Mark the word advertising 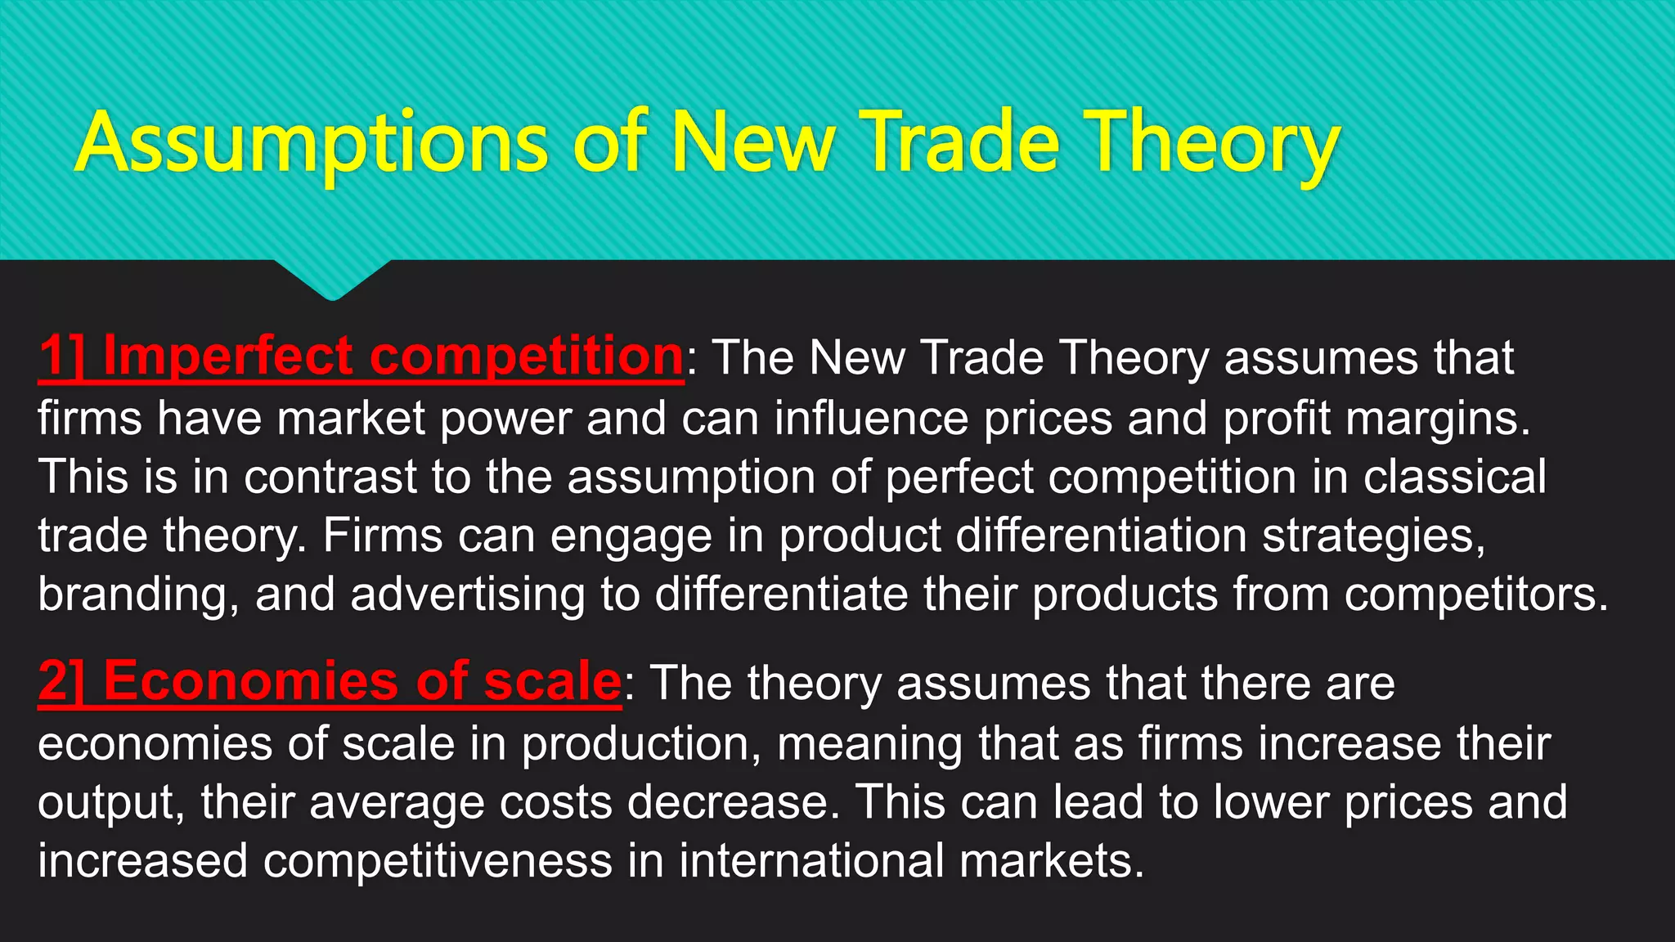pyautogui.click(x=467, y=594)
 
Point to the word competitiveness pyautogui.click(x=438, y=861)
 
